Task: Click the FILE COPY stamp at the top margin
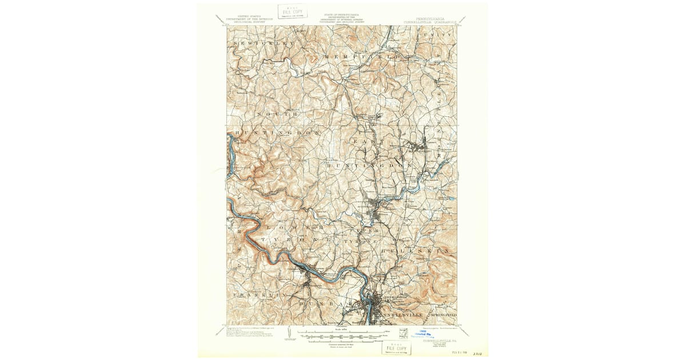tap(292, 11)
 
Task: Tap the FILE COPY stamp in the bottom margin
tap(396, 347)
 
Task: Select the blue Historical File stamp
tap(424, 335)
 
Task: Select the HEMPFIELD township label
tap(362, 58)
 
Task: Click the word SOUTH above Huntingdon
tap(278, 114)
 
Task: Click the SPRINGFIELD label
tap(443, 315)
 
